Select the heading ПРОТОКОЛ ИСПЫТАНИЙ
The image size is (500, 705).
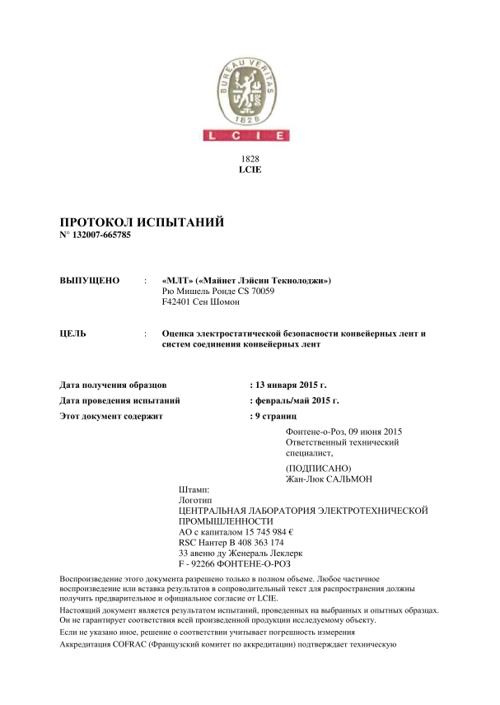tap(143, 223)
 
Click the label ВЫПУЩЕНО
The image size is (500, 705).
tap(91, 281)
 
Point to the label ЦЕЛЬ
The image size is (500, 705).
tap(74, 334)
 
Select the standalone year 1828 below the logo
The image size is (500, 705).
tap(249, 157)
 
